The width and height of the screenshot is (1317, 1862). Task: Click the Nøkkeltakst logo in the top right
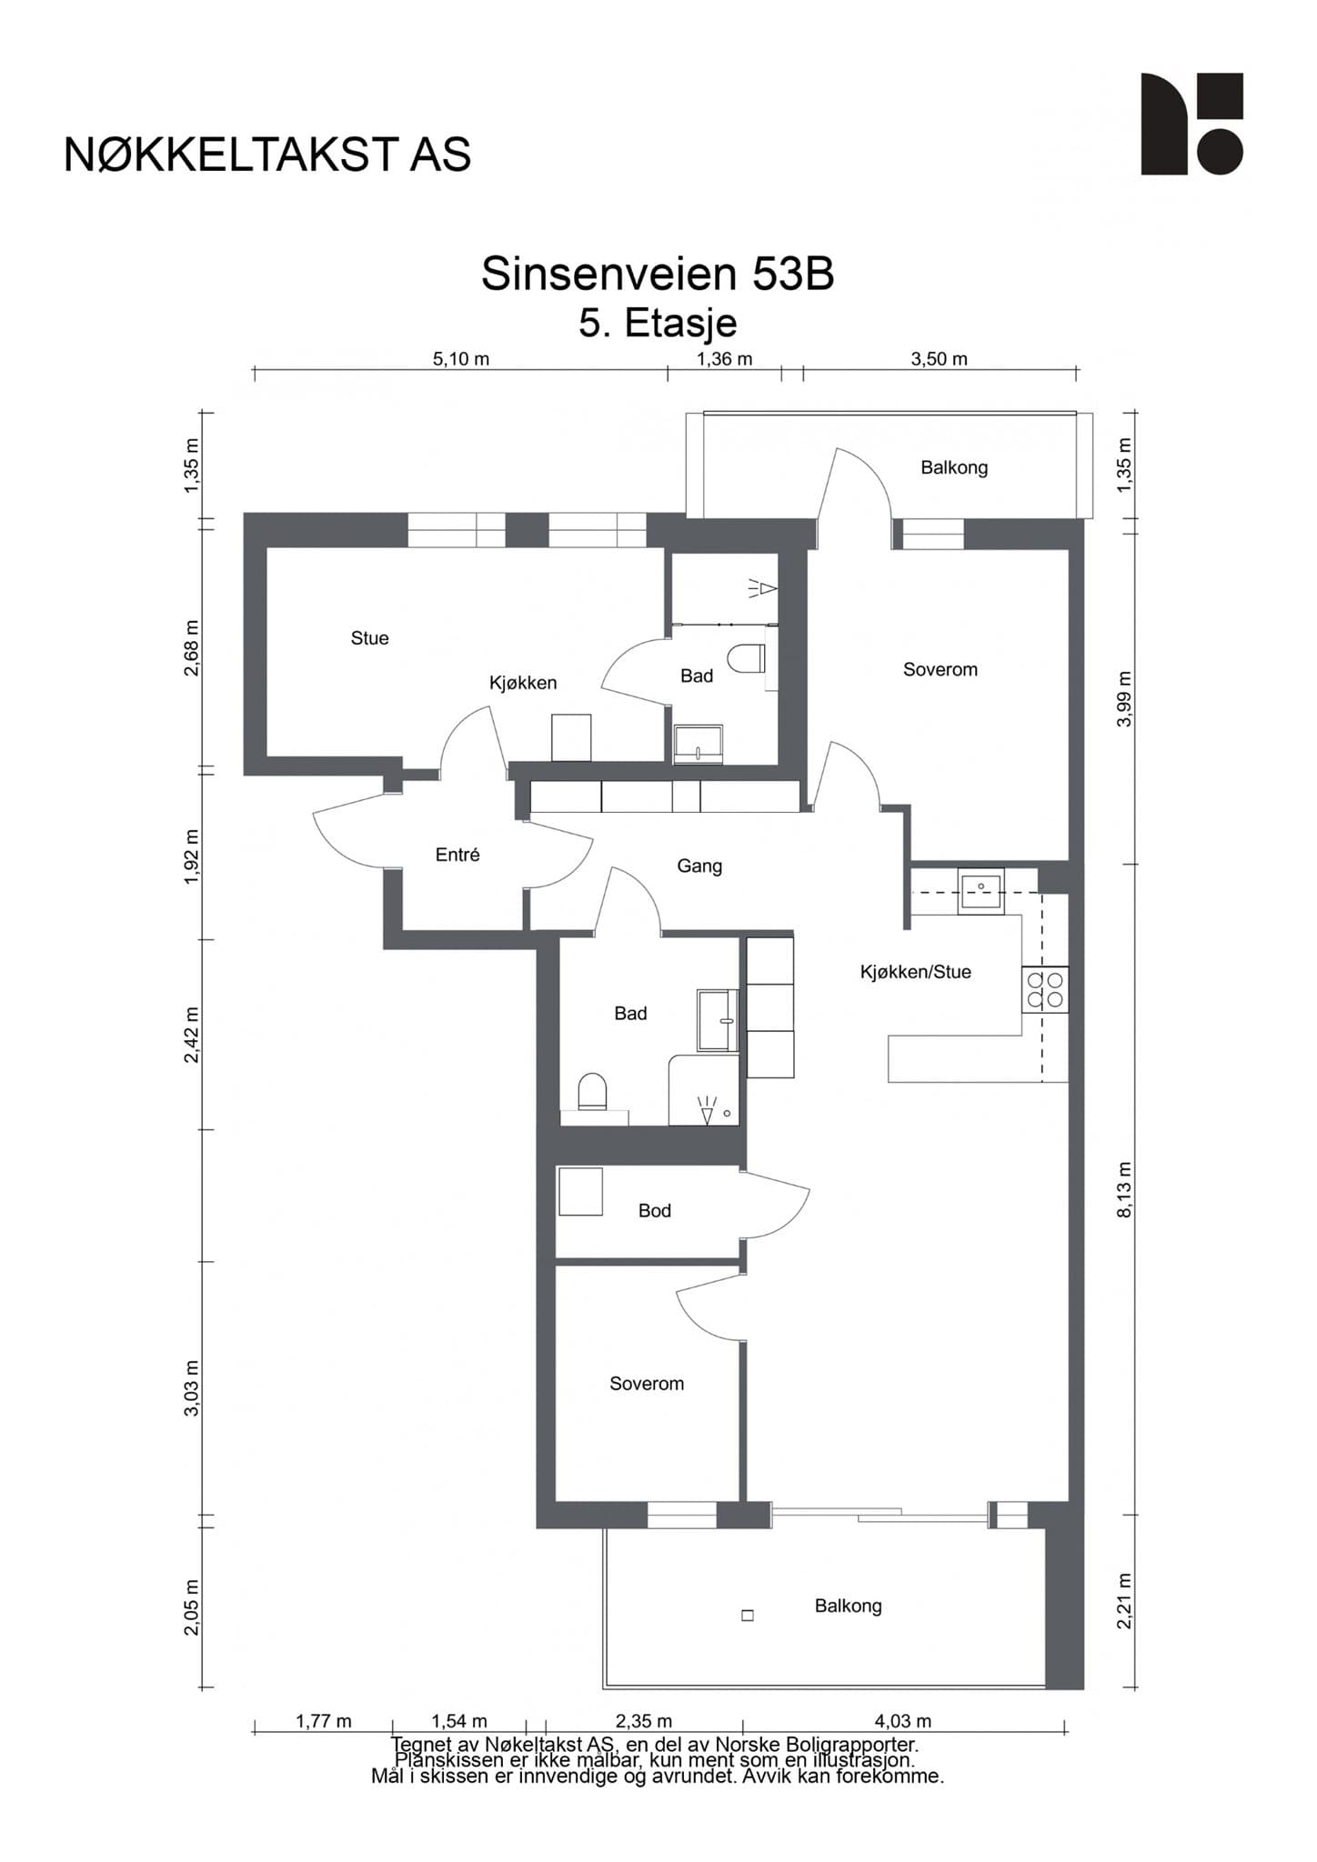tap(1191, 124)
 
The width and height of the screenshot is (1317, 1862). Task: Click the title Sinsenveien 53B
tap(658, 274)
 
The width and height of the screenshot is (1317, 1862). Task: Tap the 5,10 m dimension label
tap(461, 359)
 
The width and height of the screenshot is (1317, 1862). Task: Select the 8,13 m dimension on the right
tap(1125, 1189)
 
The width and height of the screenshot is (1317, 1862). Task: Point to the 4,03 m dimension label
tap(903, 1721)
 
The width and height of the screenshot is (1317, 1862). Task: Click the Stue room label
tap(369, 638)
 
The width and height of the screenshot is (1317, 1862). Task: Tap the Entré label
tap(457, 855)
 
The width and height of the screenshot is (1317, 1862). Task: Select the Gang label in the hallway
tap(699, 866)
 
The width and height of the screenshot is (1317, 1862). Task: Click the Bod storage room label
tap(655, 1211)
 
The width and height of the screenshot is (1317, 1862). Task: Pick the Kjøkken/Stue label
tap(916, 972)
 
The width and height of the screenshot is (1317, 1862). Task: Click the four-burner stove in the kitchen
tap(1045, 989)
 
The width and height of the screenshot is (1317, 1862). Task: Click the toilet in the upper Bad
tap(749, 657)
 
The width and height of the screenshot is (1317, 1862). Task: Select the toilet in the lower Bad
tap(592, 1091)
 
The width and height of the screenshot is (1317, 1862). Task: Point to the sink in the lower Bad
tap(719, 1020)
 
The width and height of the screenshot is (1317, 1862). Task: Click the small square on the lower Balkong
tap(748, 1616)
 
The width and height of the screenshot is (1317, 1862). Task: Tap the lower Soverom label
tap(647, 1384)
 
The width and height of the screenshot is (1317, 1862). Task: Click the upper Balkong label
tap(954, 468)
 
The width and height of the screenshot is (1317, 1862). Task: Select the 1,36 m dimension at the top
tap(725, 359)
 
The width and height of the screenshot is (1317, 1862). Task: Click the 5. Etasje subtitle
tap(658, 324)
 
